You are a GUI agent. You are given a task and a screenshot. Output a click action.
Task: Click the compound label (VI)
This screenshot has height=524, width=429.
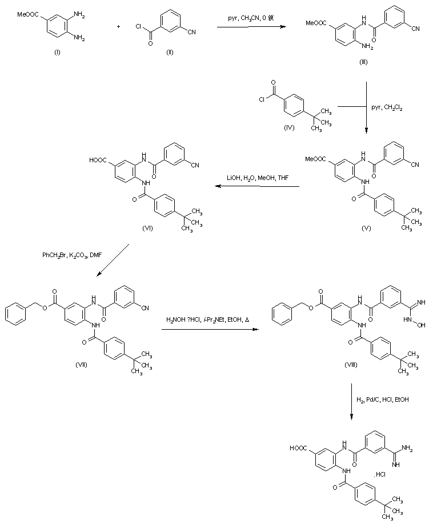click(147, 227)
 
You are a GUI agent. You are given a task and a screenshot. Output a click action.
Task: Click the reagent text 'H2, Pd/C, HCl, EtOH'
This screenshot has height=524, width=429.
click(383, 399)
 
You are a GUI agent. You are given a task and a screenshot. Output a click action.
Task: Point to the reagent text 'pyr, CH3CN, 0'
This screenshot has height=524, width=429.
click(251, 18)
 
